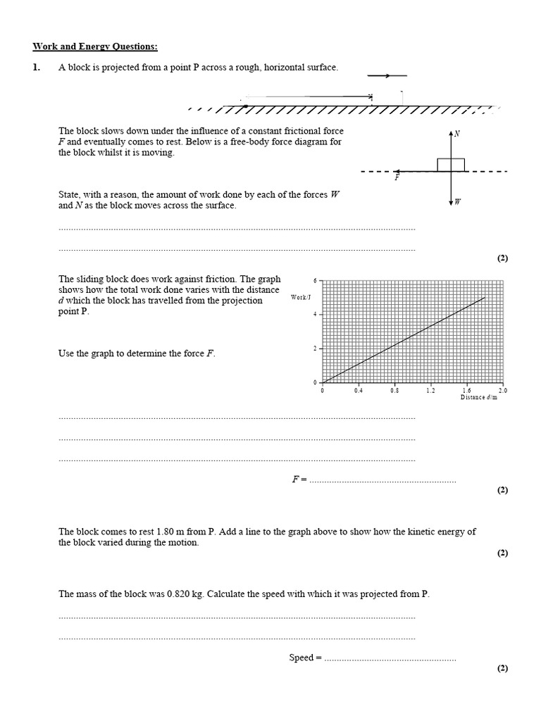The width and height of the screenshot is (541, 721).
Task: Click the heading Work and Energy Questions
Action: pos(95,47)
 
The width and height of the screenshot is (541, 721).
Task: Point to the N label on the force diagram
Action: pos(457,133)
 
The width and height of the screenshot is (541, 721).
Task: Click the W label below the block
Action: pos(457,202)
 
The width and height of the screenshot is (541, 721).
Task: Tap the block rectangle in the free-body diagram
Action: pos(451,165)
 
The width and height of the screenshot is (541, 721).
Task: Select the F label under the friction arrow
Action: pos(397,178)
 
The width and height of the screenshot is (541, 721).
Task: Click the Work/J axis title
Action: pos(300,297)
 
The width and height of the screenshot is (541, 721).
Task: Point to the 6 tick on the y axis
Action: pos(316,280)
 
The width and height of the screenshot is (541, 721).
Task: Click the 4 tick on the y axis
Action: pos(316,314)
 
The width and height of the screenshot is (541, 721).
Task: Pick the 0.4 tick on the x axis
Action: pos(359,390)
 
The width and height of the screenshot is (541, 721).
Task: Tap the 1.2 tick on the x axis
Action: pos(430,390)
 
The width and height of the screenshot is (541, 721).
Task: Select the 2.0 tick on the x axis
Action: pos(502,390)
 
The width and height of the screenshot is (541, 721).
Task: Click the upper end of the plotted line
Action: pos(485,298)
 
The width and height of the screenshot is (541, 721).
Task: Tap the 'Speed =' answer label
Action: pos(305,658)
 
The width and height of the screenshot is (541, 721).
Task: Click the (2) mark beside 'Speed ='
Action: pos(502,668)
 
